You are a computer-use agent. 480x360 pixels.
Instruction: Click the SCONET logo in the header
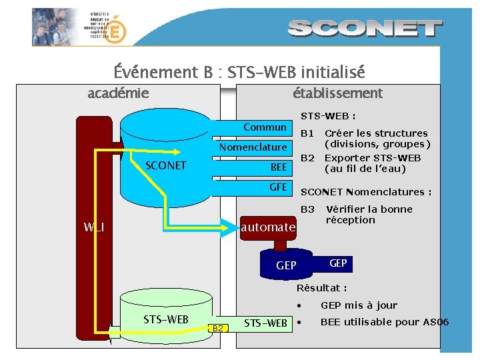(365, 28)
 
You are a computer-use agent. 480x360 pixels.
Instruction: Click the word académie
(118, 93)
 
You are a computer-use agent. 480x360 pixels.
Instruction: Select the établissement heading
(337, 93)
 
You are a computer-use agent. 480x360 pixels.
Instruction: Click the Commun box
(265, 127)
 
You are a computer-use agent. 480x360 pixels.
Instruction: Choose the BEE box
(278, 167)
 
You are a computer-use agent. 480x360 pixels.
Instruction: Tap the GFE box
(278, 187)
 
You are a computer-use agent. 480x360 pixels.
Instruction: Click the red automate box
(268, 227)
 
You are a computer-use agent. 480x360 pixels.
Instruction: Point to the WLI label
(94, 227)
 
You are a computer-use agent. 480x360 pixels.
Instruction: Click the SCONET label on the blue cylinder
(165, 165)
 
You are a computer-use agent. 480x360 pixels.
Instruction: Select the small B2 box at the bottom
(219, 327)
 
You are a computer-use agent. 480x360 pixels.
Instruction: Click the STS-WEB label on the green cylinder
(166, 319)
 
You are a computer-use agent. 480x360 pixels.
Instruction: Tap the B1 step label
(307, 133)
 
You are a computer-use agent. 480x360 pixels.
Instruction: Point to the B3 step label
(307, 209)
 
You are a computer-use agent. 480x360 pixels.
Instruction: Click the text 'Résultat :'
(322, 288)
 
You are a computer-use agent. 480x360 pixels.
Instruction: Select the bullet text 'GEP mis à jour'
(359, 305)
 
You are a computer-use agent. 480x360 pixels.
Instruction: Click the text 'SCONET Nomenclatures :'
(366, 192)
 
